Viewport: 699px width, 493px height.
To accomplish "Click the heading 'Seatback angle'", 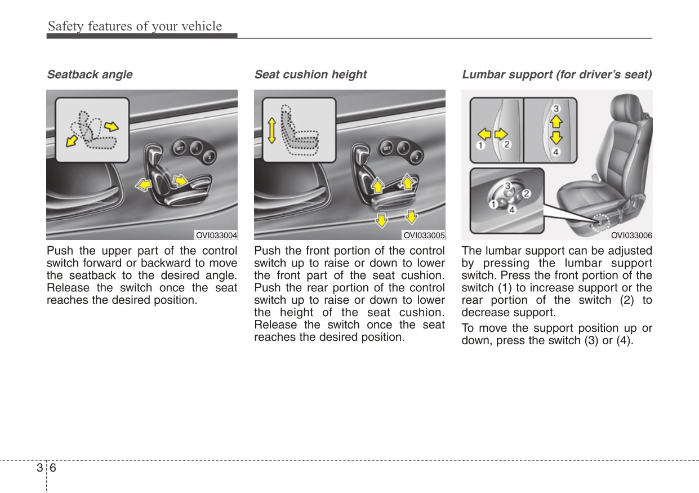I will click(90, 74).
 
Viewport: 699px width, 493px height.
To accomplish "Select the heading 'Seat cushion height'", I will click(310, 74).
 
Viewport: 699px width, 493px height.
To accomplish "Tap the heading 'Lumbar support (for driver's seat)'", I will click(556, 74).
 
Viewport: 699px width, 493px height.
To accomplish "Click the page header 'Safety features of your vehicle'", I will click(135, 26).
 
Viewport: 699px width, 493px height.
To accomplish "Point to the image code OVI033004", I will click(216, 236).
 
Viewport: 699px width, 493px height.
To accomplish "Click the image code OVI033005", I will click(424, 236).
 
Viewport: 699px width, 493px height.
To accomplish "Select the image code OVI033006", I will click(631, 236).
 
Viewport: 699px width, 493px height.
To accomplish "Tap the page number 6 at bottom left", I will click(53, 468).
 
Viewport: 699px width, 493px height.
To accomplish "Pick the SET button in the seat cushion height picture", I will click(388, 148).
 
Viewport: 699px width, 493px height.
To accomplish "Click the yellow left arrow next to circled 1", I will click(484, 134).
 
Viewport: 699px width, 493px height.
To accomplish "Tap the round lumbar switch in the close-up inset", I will click(509, 197).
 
